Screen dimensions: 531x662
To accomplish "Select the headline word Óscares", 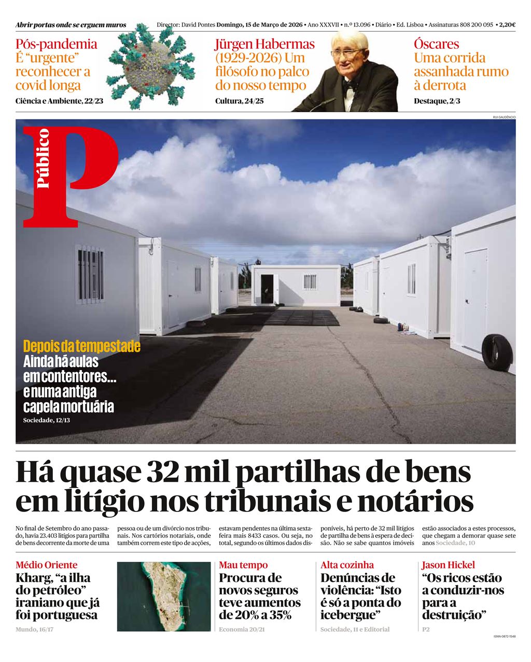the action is pos(436,44).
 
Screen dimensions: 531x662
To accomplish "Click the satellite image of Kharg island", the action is pos(164,596).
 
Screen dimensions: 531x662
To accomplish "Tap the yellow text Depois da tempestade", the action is pos(81,346).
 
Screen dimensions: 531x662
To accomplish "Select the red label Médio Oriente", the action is pos(47,565).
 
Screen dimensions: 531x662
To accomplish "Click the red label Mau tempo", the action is pos(243,565).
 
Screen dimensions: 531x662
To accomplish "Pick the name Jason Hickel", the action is pos(448,565).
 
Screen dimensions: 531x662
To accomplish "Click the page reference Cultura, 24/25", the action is pos(240,101).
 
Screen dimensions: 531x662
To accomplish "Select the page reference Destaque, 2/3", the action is pos(437,101).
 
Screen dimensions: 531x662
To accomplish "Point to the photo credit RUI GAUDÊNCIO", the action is pos(504,117).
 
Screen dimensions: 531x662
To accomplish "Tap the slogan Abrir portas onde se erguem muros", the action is pos(71,25).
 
